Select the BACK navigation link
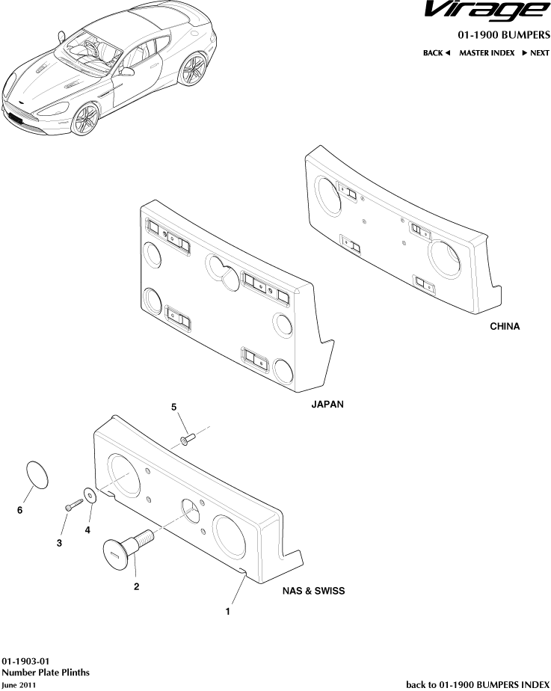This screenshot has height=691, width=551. click(436, 53)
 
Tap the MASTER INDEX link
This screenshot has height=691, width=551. click(486, 53)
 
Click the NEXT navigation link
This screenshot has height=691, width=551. click(535, 53)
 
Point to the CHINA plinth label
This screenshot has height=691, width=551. click(505, 327)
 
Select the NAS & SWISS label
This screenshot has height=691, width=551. click(313, 590)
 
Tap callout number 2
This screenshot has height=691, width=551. click(136, 586)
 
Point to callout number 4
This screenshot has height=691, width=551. click(87, 529)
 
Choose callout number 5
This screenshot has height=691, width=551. click(174, 407)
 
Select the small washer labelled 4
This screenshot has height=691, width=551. click(91, 494)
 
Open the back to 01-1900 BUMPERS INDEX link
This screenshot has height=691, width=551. click(477, 684)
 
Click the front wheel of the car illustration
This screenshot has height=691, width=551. click(87, 117)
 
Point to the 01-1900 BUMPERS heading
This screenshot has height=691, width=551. click(504, 35)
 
